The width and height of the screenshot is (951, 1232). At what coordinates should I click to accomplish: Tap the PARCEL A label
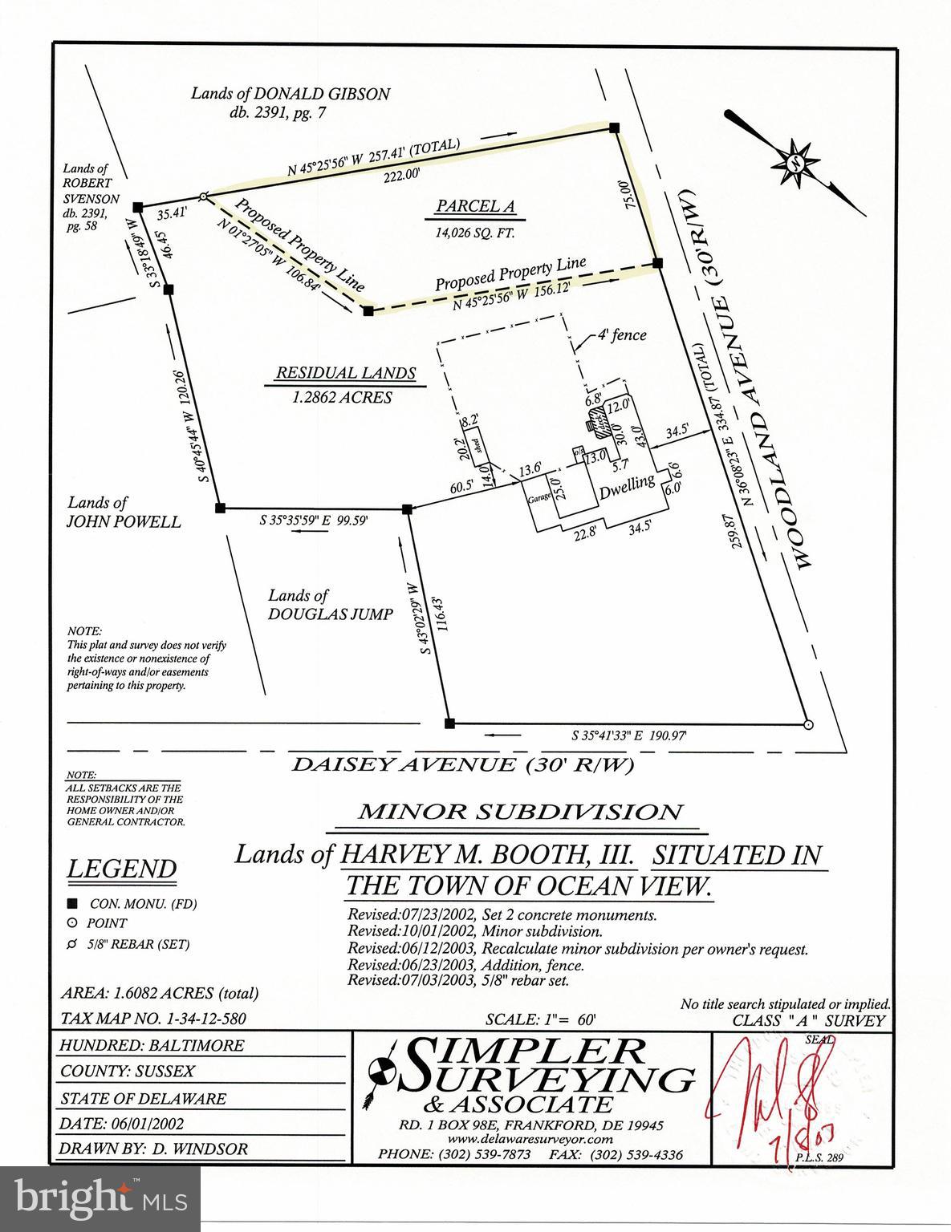(475, 206)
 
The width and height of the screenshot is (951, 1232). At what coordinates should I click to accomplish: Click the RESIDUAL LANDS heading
(346, 373)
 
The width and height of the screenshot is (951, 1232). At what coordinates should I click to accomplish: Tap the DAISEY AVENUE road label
(461, 764)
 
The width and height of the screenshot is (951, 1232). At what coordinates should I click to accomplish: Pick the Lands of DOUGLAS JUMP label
(331, 605)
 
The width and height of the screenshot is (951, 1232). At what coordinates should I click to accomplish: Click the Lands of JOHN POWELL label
(124, 512)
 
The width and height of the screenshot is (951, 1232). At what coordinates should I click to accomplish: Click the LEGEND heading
(122, 869)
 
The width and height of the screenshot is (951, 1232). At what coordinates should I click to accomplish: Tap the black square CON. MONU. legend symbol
(72, 903)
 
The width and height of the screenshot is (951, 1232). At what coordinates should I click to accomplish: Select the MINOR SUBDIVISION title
(521, 812)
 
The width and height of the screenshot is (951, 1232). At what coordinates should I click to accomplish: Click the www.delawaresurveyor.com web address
(531, 1139)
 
